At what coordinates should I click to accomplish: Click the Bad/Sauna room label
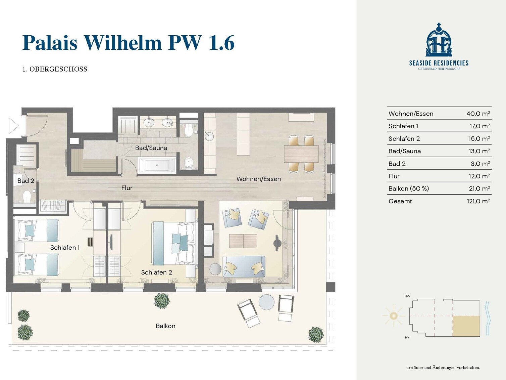pyautogui.click(x=151, y=148)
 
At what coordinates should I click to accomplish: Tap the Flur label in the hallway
pyautogui.click(x=127, y=188)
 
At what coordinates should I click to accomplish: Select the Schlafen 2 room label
pyautogui.click(x=156, y=272)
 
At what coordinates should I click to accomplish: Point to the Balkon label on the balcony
pyautogui.click(x=165, y=326)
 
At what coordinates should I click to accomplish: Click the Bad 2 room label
pyautogui.click(x=26, y=181)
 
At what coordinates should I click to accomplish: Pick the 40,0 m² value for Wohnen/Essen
pyautogui.click(x=478, y=114)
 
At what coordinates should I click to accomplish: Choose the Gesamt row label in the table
pyautogui.click(x=400, y=201)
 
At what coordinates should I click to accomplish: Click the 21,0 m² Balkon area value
pyautogui.click(x=479, y=188)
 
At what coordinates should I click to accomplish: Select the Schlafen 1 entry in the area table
pyautogui.click(x=403, y=126)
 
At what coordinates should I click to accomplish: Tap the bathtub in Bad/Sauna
pyautogui.click(x=157, y=165)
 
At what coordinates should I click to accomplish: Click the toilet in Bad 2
pyautogui.click(x=27, y=197)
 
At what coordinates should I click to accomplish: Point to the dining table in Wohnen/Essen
pyautogui.click(x=301, y=154)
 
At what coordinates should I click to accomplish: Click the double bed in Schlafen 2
pyautogui.click(x=174, y=243)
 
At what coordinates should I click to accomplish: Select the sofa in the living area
pyautogui.click(x=244, y=266)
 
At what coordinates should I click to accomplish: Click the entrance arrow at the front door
pyautogui.click(x=14, y=126)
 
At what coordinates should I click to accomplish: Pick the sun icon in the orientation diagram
pyautogui.click(x=394, y=315)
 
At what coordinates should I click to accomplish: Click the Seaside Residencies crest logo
pyautogui.click(x=439, y=40)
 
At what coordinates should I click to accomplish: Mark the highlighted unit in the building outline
pyautogui.click(x=466, y=326)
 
